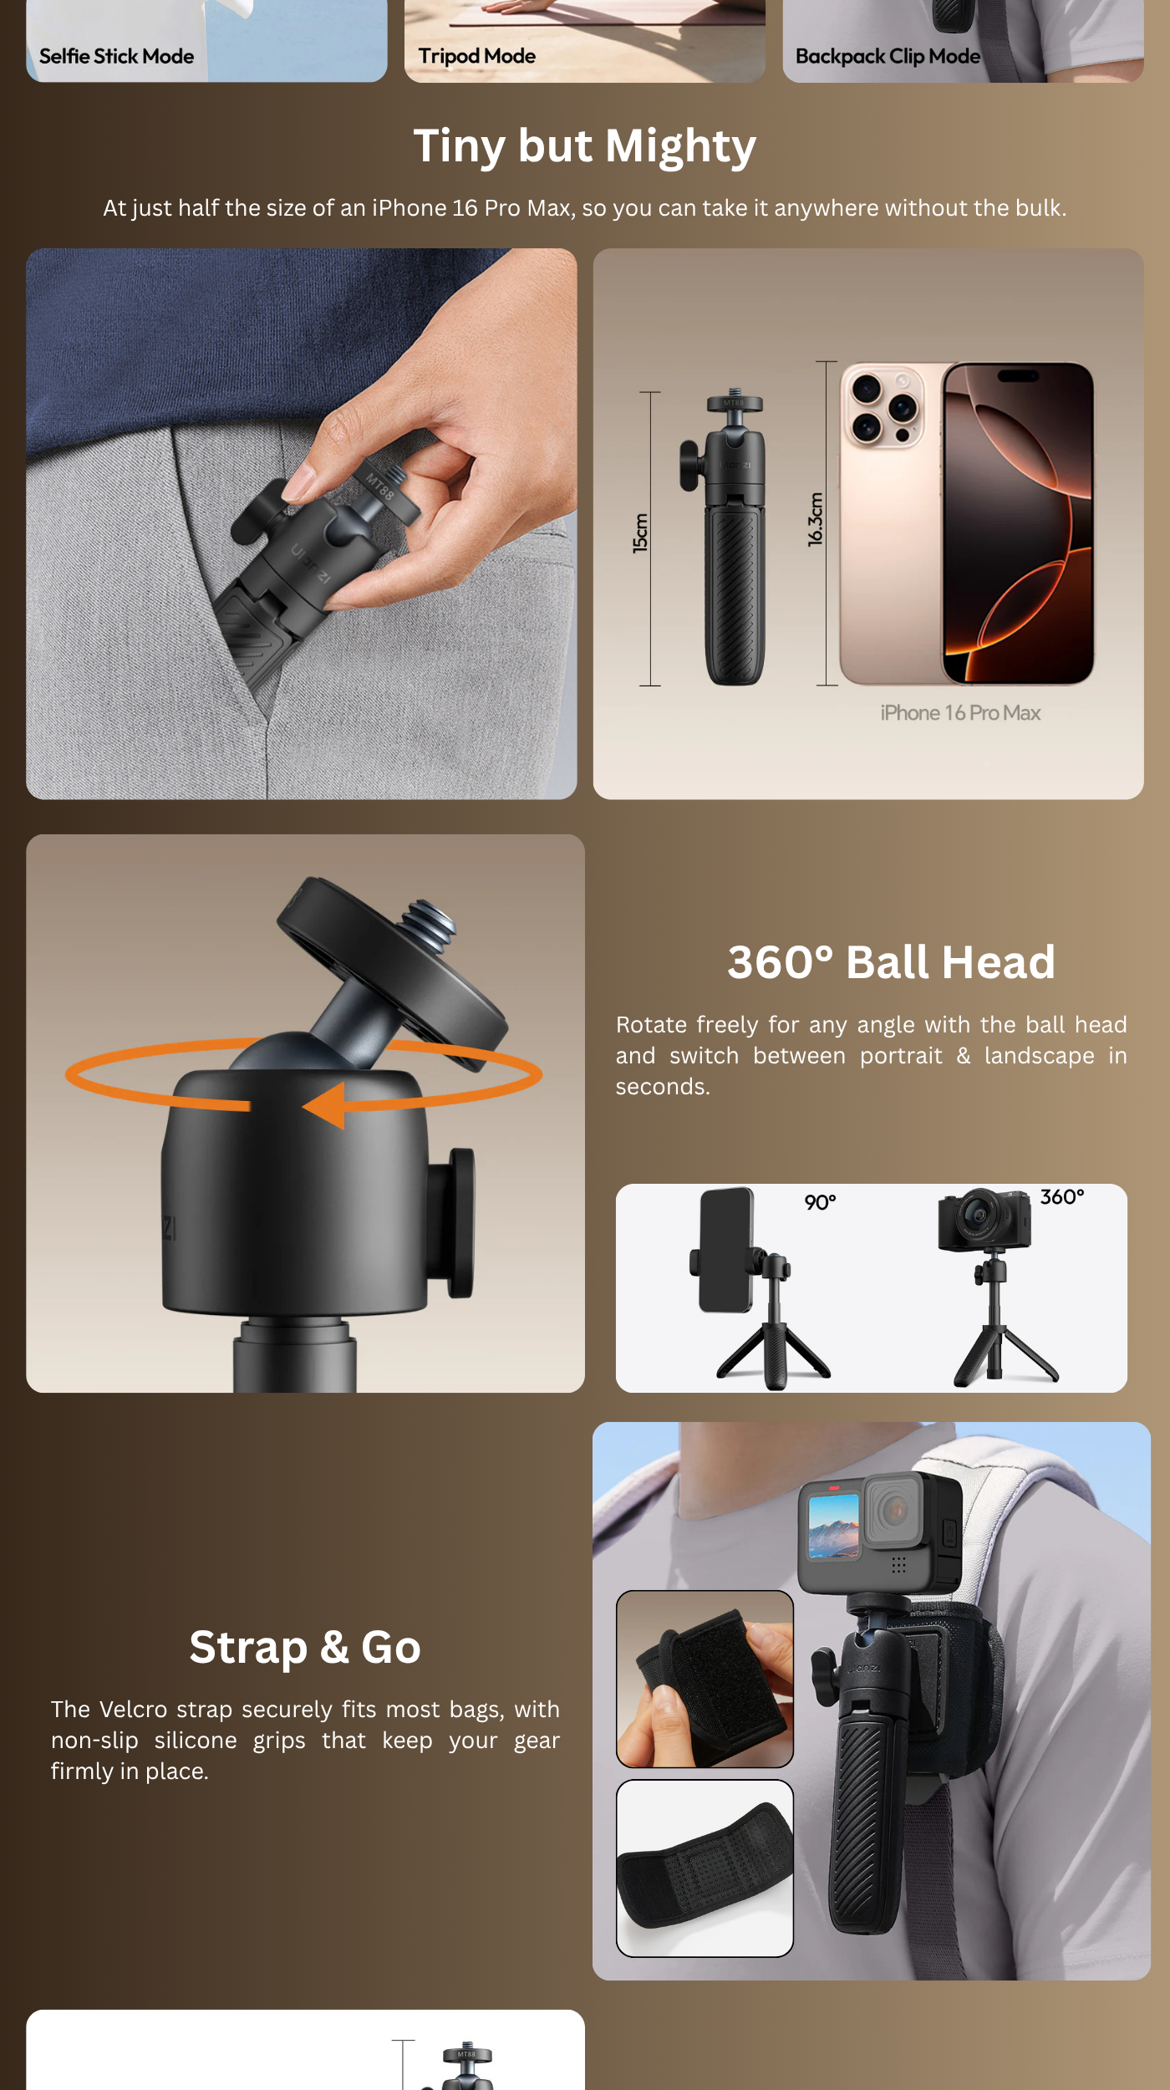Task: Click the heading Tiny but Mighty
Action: point(585,146)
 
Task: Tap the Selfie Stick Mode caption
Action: point(116,56)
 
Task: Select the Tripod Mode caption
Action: point(476,56)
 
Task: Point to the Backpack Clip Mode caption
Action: point(888,56)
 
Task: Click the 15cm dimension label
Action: point(640,533)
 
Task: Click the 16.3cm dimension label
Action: point(816,519)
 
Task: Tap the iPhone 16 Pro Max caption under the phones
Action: point(960,713)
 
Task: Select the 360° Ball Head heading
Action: point(891,962)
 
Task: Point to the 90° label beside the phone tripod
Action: point(820,1202)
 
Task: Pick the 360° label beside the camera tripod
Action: point(1062,1197)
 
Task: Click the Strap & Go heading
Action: point(305,1648)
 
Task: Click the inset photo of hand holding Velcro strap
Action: point(705,1679)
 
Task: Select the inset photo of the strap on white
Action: point(705,1868)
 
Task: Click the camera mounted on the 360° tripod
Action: point(984,1220)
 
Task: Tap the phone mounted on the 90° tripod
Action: point(725,1250)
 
